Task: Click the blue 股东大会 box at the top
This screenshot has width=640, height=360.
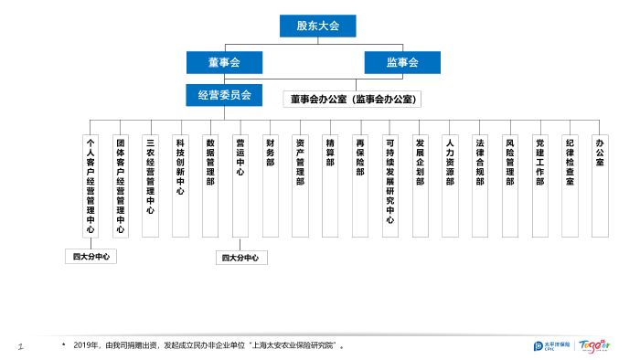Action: pyautogui.click(x=317, y=26)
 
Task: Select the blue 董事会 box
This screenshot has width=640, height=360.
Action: pyautogui.click(x=224, y=62)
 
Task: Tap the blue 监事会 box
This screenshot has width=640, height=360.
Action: pyautogui.click(x=401, y=62)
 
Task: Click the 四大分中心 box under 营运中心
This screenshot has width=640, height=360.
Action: pyautogui.click(x=241, y=258)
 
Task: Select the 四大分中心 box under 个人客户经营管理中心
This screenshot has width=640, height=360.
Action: pyautogui.click(x=91, y=257)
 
